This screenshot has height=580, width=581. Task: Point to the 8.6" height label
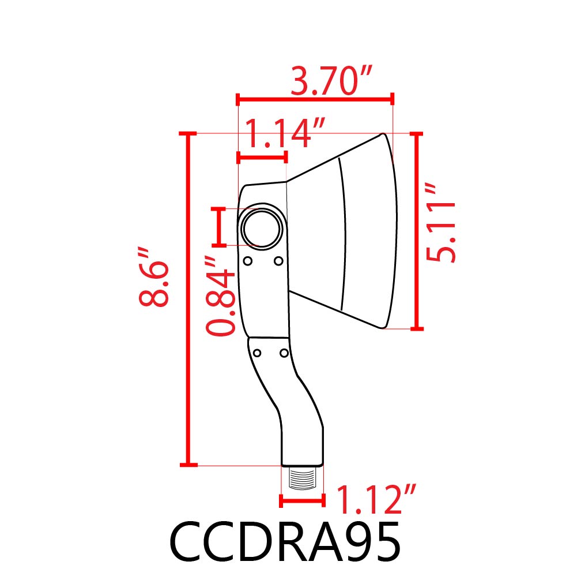point(154,277)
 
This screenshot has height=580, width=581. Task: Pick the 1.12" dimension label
point(375,499)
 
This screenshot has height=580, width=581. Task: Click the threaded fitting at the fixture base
point(303,478)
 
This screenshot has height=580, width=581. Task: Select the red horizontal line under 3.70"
point(315,99)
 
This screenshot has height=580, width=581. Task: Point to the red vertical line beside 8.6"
point(187,299)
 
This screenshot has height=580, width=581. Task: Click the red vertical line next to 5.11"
point(417,231)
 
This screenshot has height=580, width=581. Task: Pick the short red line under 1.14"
point(262,156)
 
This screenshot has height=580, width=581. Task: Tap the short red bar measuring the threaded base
point(303,501)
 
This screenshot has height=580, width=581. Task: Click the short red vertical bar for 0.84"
point(218,227)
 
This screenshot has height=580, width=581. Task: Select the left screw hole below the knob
point(248,261)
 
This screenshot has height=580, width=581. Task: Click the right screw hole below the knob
point(278,261)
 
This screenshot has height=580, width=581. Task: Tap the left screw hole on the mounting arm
point(258,353)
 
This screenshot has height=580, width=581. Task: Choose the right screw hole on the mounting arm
point(284,352)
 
